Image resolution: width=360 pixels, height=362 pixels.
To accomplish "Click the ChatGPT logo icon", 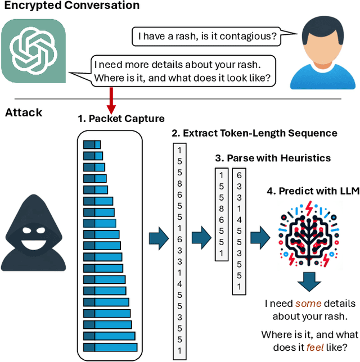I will (33, 50).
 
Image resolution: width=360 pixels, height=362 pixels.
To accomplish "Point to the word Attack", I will (24, 112).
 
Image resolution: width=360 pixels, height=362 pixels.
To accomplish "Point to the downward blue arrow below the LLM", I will (309, 280).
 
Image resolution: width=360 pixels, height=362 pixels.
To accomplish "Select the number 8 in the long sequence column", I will (179, 183).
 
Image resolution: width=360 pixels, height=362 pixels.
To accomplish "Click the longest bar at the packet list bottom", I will (110, 347).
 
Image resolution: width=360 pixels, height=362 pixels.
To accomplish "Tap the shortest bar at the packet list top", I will (92, 144).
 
